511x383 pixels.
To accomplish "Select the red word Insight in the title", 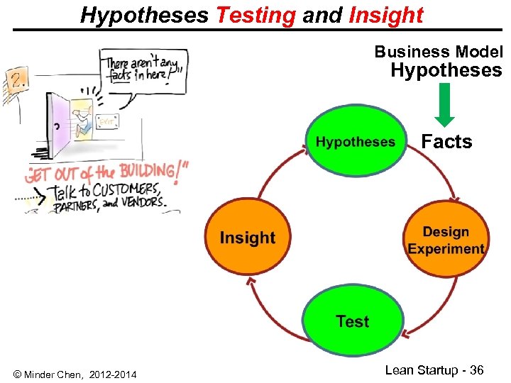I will [x=386, y=15].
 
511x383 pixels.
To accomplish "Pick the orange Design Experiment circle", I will [x=446, y=240].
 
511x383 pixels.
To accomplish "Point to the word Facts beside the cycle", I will [x=446, y=142].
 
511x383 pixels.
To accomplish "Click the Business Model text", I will [x=438, y=52].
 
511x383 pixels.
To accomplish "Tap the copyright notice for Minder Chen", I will [x=75, y=374].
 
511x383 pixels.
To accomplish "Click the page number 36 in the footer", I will [x=476, y=370].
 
